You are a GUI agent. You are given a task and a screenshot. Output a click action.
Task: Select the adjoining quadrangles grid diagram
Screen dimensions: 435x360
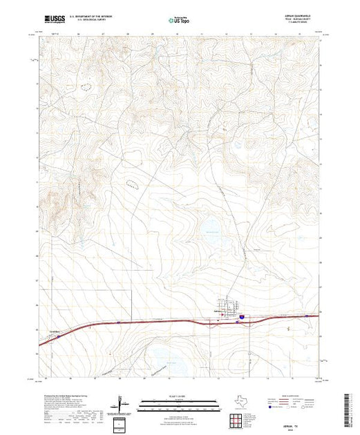pos(238,418)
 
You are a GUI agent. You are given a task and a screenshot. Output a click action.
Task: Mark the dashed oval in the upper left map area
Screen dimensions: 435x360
pos(86,88)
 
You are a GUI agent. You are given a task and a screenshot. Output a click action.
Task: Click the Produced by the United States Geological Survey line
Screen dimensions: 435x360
pos(69,399)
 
